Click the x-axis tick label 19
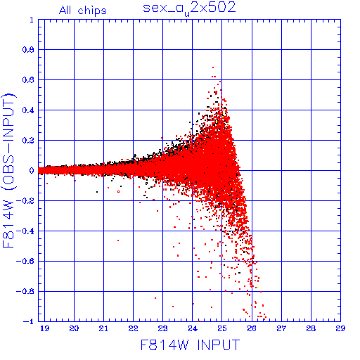[x=44, y=328]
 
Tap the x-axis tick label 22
[x=133, y=328]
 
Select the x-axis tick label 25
[x=222, y=328]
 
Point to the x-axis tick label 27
[x=281, y=328]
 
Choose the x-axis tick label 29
[x=340, y=328]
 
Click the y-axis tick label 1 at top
[x=32, y=20]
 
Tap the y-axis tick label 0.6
[x=28, y=80]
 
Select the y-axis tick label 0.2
[x=28, y=141]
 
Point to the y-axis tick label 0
[x=32, y=171]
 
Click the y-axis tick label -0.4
[x=25, y=231]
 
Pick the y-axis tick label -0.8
[x=25, y=292]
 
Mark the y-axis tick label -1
[x=29, y=321]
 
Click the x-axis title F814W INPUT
[x=190, y=345]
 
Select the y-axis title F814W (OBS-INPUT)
[x=8, y=171]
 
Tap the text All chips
[x=83, y=11]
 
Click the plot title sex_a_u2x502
[x=189, y=9]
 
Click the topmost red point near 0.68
[x=213, y=67]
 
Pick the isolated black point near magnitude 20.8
[x=97, y=192]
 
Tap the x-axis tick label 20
[x=74, y=328]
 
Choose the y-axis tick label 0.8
[x=28, y=50]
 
